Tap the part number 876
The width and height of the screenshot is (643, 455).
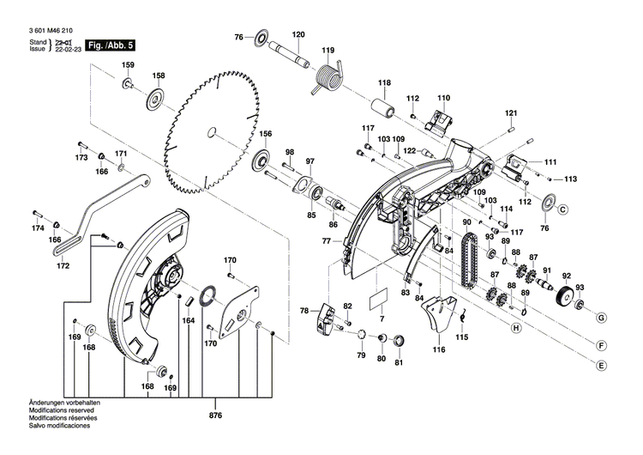tap(214, 416)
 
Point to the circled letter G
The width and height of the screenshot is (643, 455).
tap(602, 318)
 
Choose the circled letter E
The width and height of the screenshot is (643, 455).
tap(602, 365)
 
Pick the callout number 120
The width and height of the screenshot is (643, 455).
tap(298, 34)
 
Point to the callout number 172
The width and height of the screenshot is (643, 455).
tap(63, 266)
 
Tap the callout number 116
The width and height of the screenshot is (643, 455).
tap(439, 350)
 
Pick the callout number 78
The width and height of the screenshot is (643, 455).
tap(303, 311)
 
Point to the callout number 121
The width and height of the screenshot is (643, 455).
tap(512, 113)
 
